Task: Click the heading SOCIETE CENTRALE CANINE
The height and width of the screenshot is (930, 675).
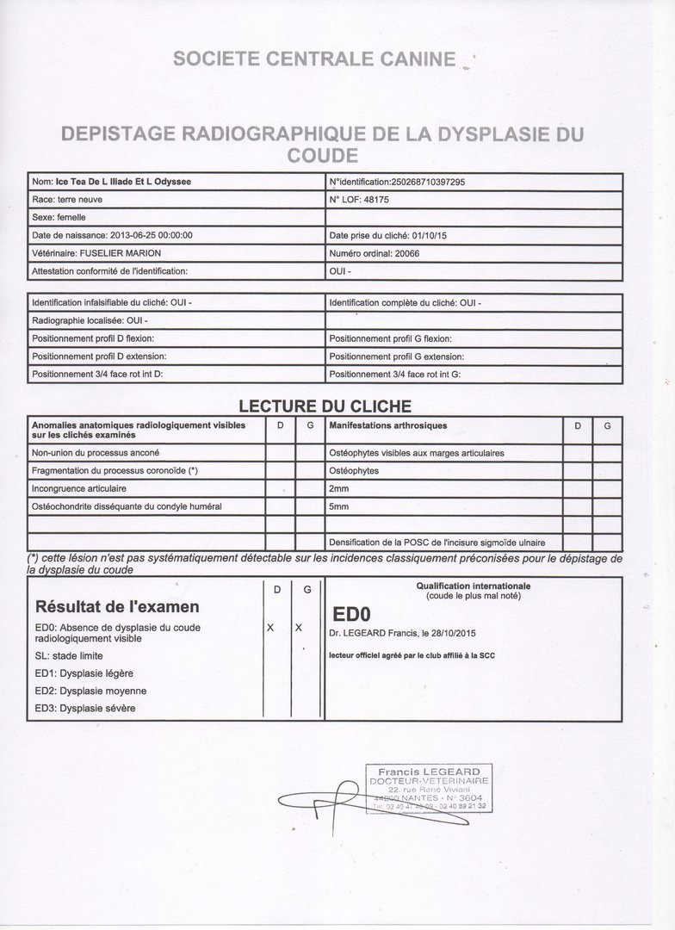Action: [313, 59]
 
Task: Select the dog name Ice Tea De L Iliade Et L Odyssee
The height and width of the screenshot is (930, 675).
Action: [123, 183]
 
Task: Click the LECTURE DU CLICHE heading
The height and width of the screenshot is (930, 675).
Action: [325, 406]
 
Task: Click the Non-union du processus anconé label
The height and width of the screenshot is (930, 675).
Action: [95, 453]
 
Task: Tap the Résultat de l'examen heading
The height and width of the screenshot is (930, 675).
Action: [117, 606]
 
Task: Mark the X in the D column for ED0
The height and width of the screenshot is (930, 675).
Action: [269, 628]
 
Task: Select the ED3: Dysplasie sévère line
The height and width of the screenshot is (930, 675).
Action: [85, 708]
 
